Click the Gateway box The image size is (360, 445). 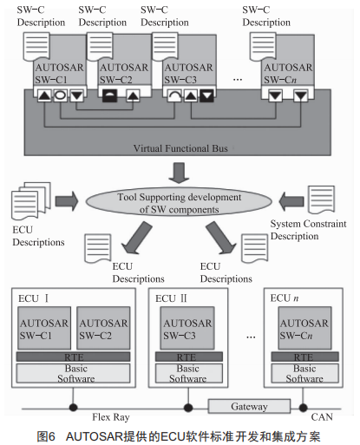(249, 406)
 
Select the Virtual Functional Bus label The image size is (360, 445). (180, 148)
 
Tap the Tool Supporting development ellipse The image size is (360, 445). (179, 203)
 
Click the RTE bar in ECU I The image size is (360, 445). (73, 357)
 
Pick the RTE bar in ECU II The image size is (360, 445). (189, 357)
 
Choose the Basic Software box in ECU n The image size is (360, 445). (304, 373)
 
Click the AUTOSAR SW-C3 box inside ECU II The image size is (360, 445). (187, 328)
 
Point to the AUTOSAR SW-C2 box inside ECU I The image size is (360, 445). (103, 328)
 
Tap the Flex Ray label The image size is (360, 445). (111, 417)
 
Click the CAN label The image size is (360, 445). (322, 417)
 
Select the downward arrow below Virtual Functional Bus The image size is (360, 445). (179, 173)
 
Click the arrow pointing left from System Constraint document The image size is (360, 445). (291, 201)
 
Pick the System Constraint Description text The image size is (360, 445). (308, 230)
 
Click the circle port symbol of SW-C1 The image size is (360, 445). (60, 95)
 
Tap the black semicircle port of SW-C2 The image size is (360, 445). (110, 95)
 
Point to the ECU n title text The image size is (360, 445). (285, 298)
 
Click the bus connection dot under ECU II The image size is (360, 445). (188, 408)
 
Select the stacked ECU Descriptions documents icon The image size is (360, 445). (31, 200)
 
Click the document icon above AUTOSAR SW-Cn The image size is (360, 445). (263, 47)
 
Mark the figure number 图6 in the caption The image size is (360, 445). (46, 436)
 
